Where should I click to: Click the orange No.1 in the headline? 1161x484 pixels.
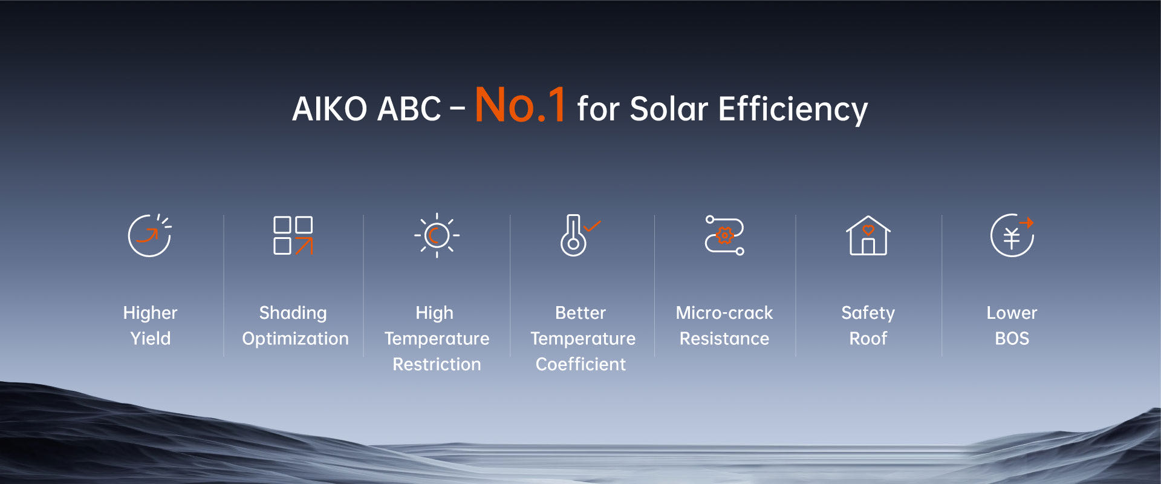pos(521,105)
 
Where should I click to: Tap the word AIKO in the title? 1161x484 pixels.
pos(330,110)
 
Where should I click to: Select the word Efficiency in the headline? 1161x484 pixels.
pos(793,110)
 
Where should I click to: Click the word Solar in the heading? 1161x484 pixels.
pos(669,110)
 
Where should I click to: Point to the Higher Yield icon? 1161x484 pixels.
pos(149,235)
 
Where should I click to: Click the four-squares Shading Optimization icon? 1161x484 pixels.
pos(293,235)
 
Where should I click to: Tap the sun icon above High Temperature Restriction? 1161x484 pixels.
pos(437,235)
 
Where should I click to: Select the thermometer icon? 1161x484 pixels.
pos(573,235)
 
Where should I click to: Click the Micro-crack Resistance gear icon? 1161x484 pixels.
pos(724,235)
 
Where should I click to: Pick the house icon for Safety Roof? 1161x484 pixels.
pos(868,235)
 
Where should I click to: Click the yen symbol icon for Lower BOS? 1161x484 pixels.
pos(1012,235)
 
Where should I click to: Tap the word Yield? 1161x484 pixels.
pos(151,338)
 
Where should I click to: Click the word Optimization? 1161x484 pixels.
pos(295,339)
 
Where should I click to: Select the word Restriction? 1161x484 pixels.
pos(437,364)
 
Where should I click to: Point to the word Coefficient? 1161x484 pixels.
pos(580,364)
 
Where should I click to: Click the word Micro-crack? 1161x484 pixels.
pos(724,313)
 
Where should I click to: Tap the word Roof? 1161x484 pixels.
pos(868,338)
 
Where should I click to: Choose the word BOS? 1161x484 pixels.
pos(1012,338)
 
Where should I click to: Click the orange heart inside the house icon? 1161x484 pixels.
pos(868,230)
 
